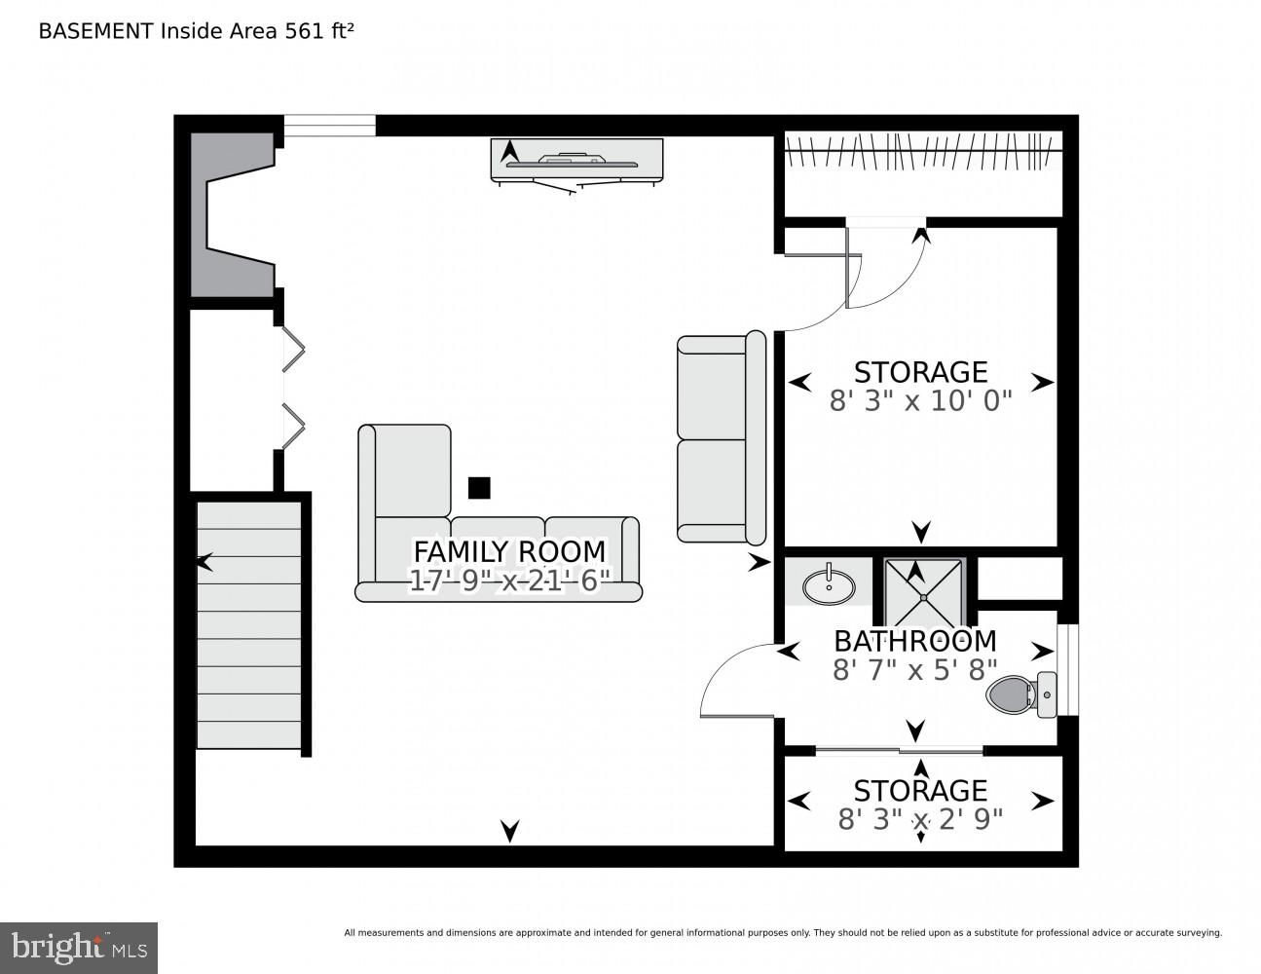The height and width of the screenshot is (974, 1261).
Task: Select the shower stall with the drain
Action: (x=923, y=593)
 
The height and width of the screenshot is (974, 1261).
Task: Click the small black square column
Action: (x=478, y=487)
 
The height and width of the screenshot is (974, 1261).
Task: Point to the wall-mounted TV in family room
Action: (x=576, y=161)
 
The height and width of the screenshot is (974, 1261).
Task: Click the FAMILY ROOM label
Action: (x=509, y=551)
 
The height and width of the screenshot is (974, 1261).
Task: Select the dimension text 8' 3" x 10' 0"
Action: (x=920, y=401)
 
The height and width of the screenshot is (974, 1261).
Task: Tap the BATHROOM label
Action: (x=914, y=641)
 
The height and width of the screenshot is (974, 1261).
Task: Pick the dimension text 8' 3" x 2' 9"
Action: (x=920, y=819)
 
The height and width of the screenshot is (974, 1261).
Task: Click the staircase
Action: (x=249, y=625)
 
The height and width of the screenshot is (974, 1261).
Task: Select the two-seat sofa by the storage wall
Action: (x=721, y=437)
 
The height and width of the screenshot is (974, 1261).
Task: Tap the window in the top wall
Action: (x=329, y=126)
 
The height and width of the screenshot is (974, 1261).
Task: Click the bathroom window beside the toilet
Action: (x=1068, y=669)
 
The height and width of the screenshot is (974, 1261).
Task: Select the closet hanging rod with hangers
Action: (x=921, y=152)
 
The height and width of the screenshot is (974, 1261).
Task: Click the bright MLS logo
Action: (x=78, y=948)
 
